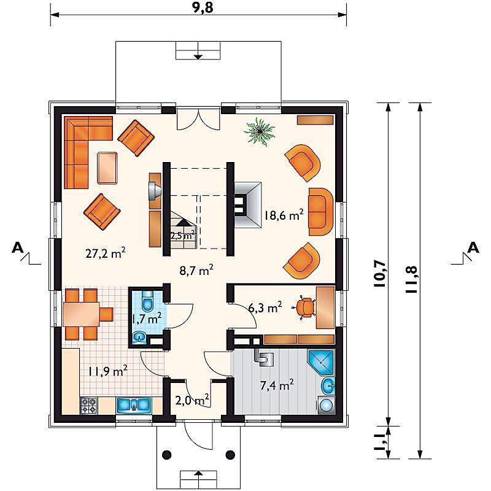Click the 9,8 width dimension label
point(203,7)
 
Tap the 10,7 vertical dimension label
point(381,273)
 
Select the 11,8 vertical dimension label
point(411,280)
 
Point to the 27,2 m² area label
point(106,253)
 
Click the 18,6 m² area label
point(284,215)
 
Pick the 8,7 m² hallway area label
point(196,270)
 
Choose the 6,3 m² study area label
point(265,307)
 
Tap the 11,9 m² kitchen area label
point(107,371)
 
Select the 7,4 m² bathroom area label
point(277,385)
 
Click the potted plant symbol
point(259,132)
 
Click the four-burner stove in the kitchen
point(89,405)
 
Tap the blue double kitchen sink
point(134,405)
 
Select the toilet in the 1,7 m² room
point(147,300)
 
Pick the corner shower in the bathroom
point(322,363)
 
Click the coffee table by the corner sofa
point(107,168)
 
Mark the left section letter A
point(18,248)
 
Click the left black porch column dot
point(167,454)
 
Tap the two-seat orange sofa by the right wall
point(320,212)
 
